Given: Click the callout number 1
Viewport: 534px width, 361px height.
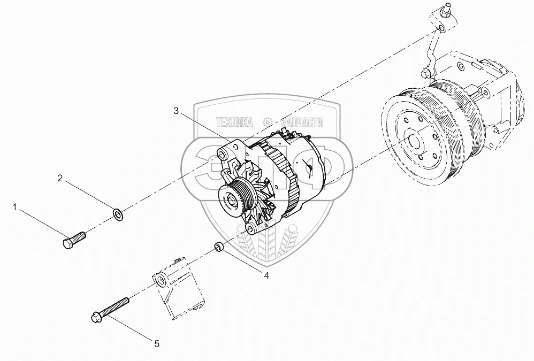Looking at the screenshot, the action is [16, 206].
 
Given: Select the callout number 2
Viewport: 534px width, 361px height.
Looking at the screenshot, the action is [61, 178].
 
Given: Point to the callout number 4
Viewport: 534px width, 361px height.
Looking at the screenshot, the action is [266, 275].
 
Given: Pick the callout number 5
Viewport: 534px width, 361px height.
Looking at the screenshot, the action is [157, 344].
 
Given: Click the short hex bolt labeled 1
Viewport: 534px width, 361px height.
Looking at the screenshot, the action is [74, 239].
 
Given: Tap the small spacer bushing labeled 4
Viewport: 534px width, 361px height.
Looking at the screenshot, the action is [218, 247].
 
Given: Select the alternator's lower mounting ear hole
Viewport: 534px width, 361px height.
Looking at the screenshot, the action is [249, 228].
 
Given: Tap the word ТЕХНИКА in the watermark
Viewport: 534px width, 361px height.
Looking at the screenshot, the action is [234, 123].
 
